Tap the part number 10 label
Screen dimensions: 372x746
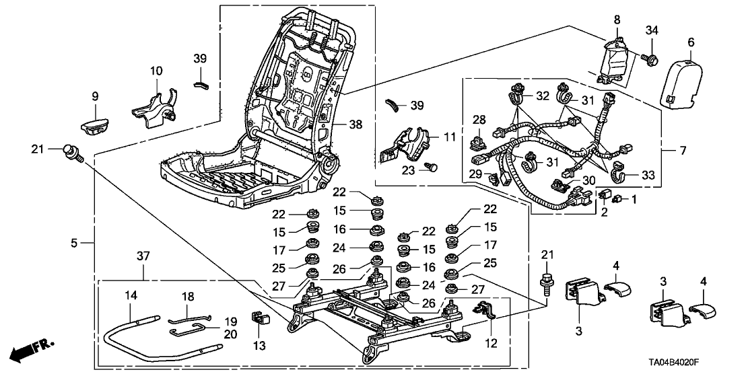pyautogui.click(x=156, y=71)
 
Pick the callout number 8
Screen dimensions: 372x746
pyautogui.click(x=617, y=20)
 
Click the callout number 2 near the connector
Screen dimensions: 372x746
pyautogui.click(x=605, y=212)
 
